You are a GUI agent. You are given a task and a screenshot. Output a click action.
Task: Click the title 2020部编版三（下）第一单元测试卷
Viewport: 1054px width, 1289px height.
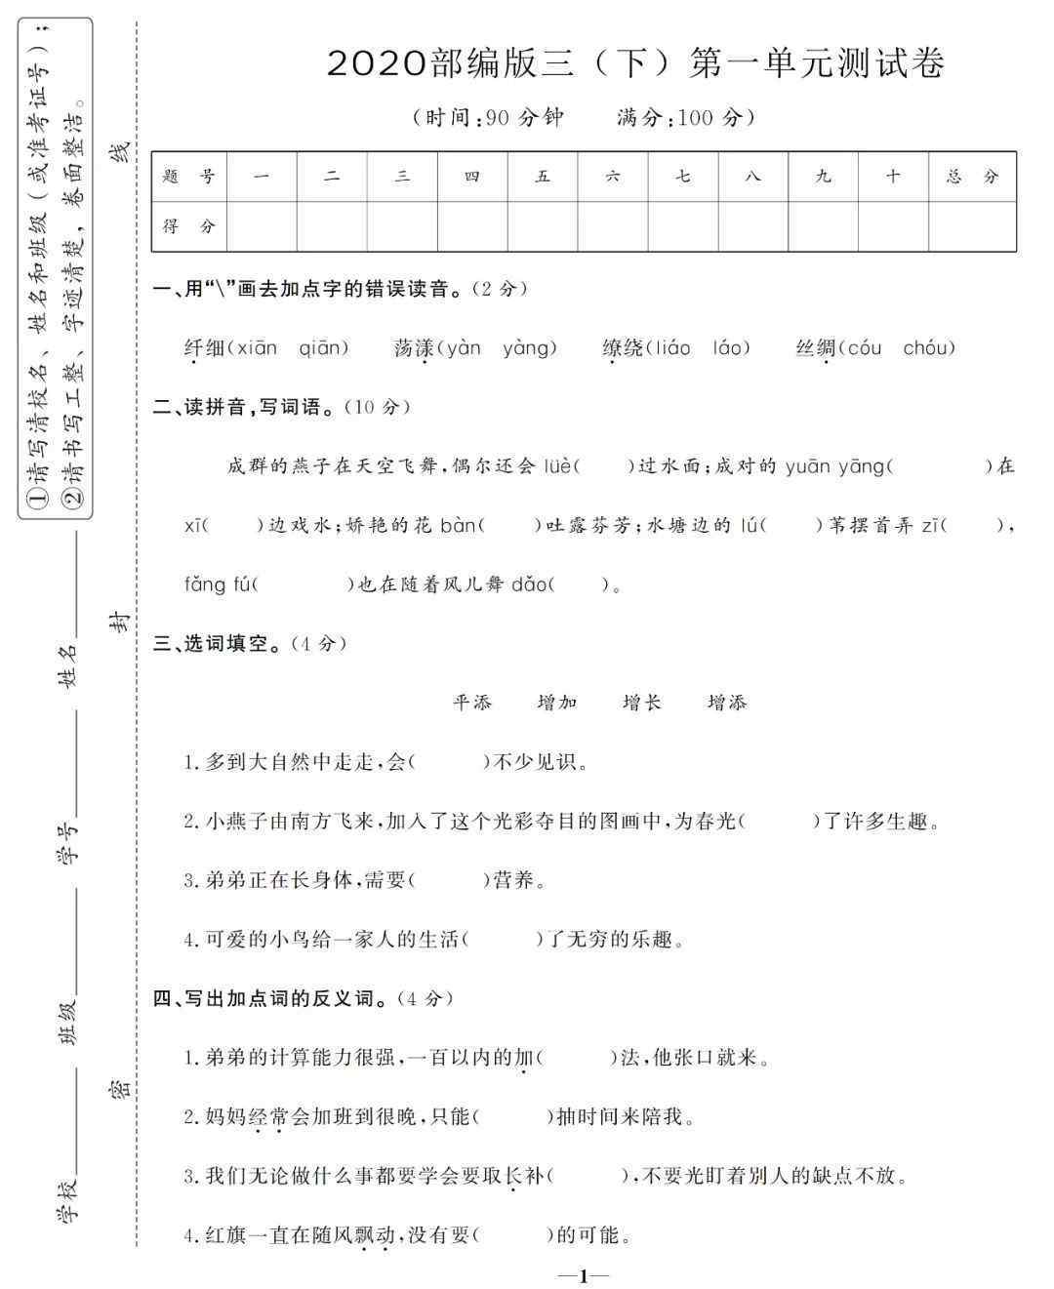[635, 63]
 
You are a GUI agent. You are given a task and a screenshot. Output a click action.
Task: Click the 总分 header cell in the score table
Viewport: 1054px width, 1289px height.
[972, 177]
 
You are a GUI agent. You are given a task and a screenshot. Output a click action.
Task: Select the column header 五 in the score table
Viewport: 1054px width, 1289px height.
[543, 177]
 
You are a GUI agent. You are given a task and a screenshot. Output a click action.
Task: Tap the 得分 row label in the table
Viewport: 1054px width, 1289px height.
[189, 226]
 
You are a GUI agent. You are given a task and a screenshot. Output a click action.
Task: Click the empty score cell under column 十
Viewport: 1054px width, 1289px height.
[893, 226]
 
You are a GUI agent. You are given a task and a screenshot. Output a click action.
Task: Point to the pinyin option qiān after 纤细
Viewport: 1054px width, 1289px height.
[322, 347]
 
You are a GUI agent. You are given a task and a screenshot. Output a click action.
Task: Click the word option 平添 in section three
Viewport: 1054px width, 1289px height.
[472, 703]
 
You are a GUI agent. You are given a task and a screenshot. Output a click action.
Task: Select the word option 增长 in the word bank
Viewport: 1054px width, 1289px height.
[642, 703]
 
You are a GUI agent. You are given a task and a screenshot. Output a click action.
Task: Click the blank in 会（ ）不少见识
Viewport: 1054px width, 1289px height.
[449, 762]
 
